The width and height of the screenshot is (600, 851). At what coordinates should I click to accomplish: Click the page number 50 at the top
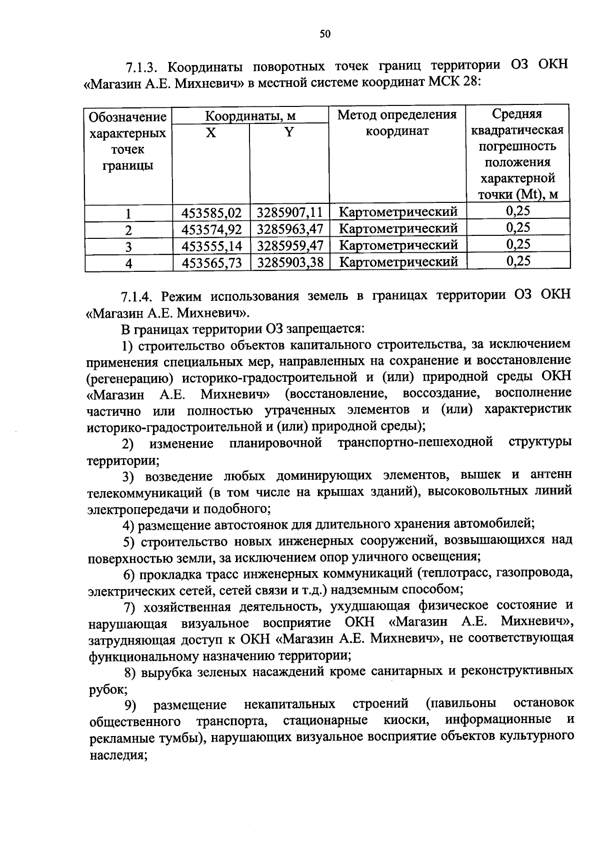(x=325, y=34)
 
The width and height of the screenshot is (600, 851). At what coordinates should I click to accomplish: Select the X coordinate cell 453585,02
(x=211, y=213)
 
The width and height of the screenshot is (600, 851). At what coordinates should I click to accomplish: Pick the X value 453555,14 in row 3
(x=211, y=246)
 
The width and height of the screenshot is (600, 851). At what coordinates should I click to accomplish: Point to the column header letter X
(x=211, y=132)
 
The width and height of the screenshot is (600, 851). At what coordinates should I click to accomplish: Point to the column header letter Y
(x=289, y=132)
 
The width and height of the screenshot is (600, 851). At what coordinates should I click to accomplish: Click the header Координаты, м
(x=250, y=116)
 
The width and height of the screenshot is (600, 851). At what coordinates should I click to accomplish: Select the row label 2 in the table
(x=128, y=230)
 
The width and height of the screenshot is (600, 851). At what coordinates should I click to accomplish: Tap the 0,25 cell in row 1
(x=517, y=211)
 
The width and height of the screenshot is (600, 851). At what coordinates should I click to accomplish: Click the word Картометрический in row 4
(x=398, y=262)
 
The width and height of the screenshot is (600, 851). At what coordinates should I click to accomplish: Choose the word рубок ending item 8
(x=106, y=690)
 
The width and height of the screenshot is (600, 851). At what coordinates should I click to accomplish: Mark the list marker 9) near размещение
(x=130, y=705)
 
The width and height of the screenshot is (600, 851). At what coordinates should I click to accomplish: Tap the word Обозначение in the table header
(x=128, y=117)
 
